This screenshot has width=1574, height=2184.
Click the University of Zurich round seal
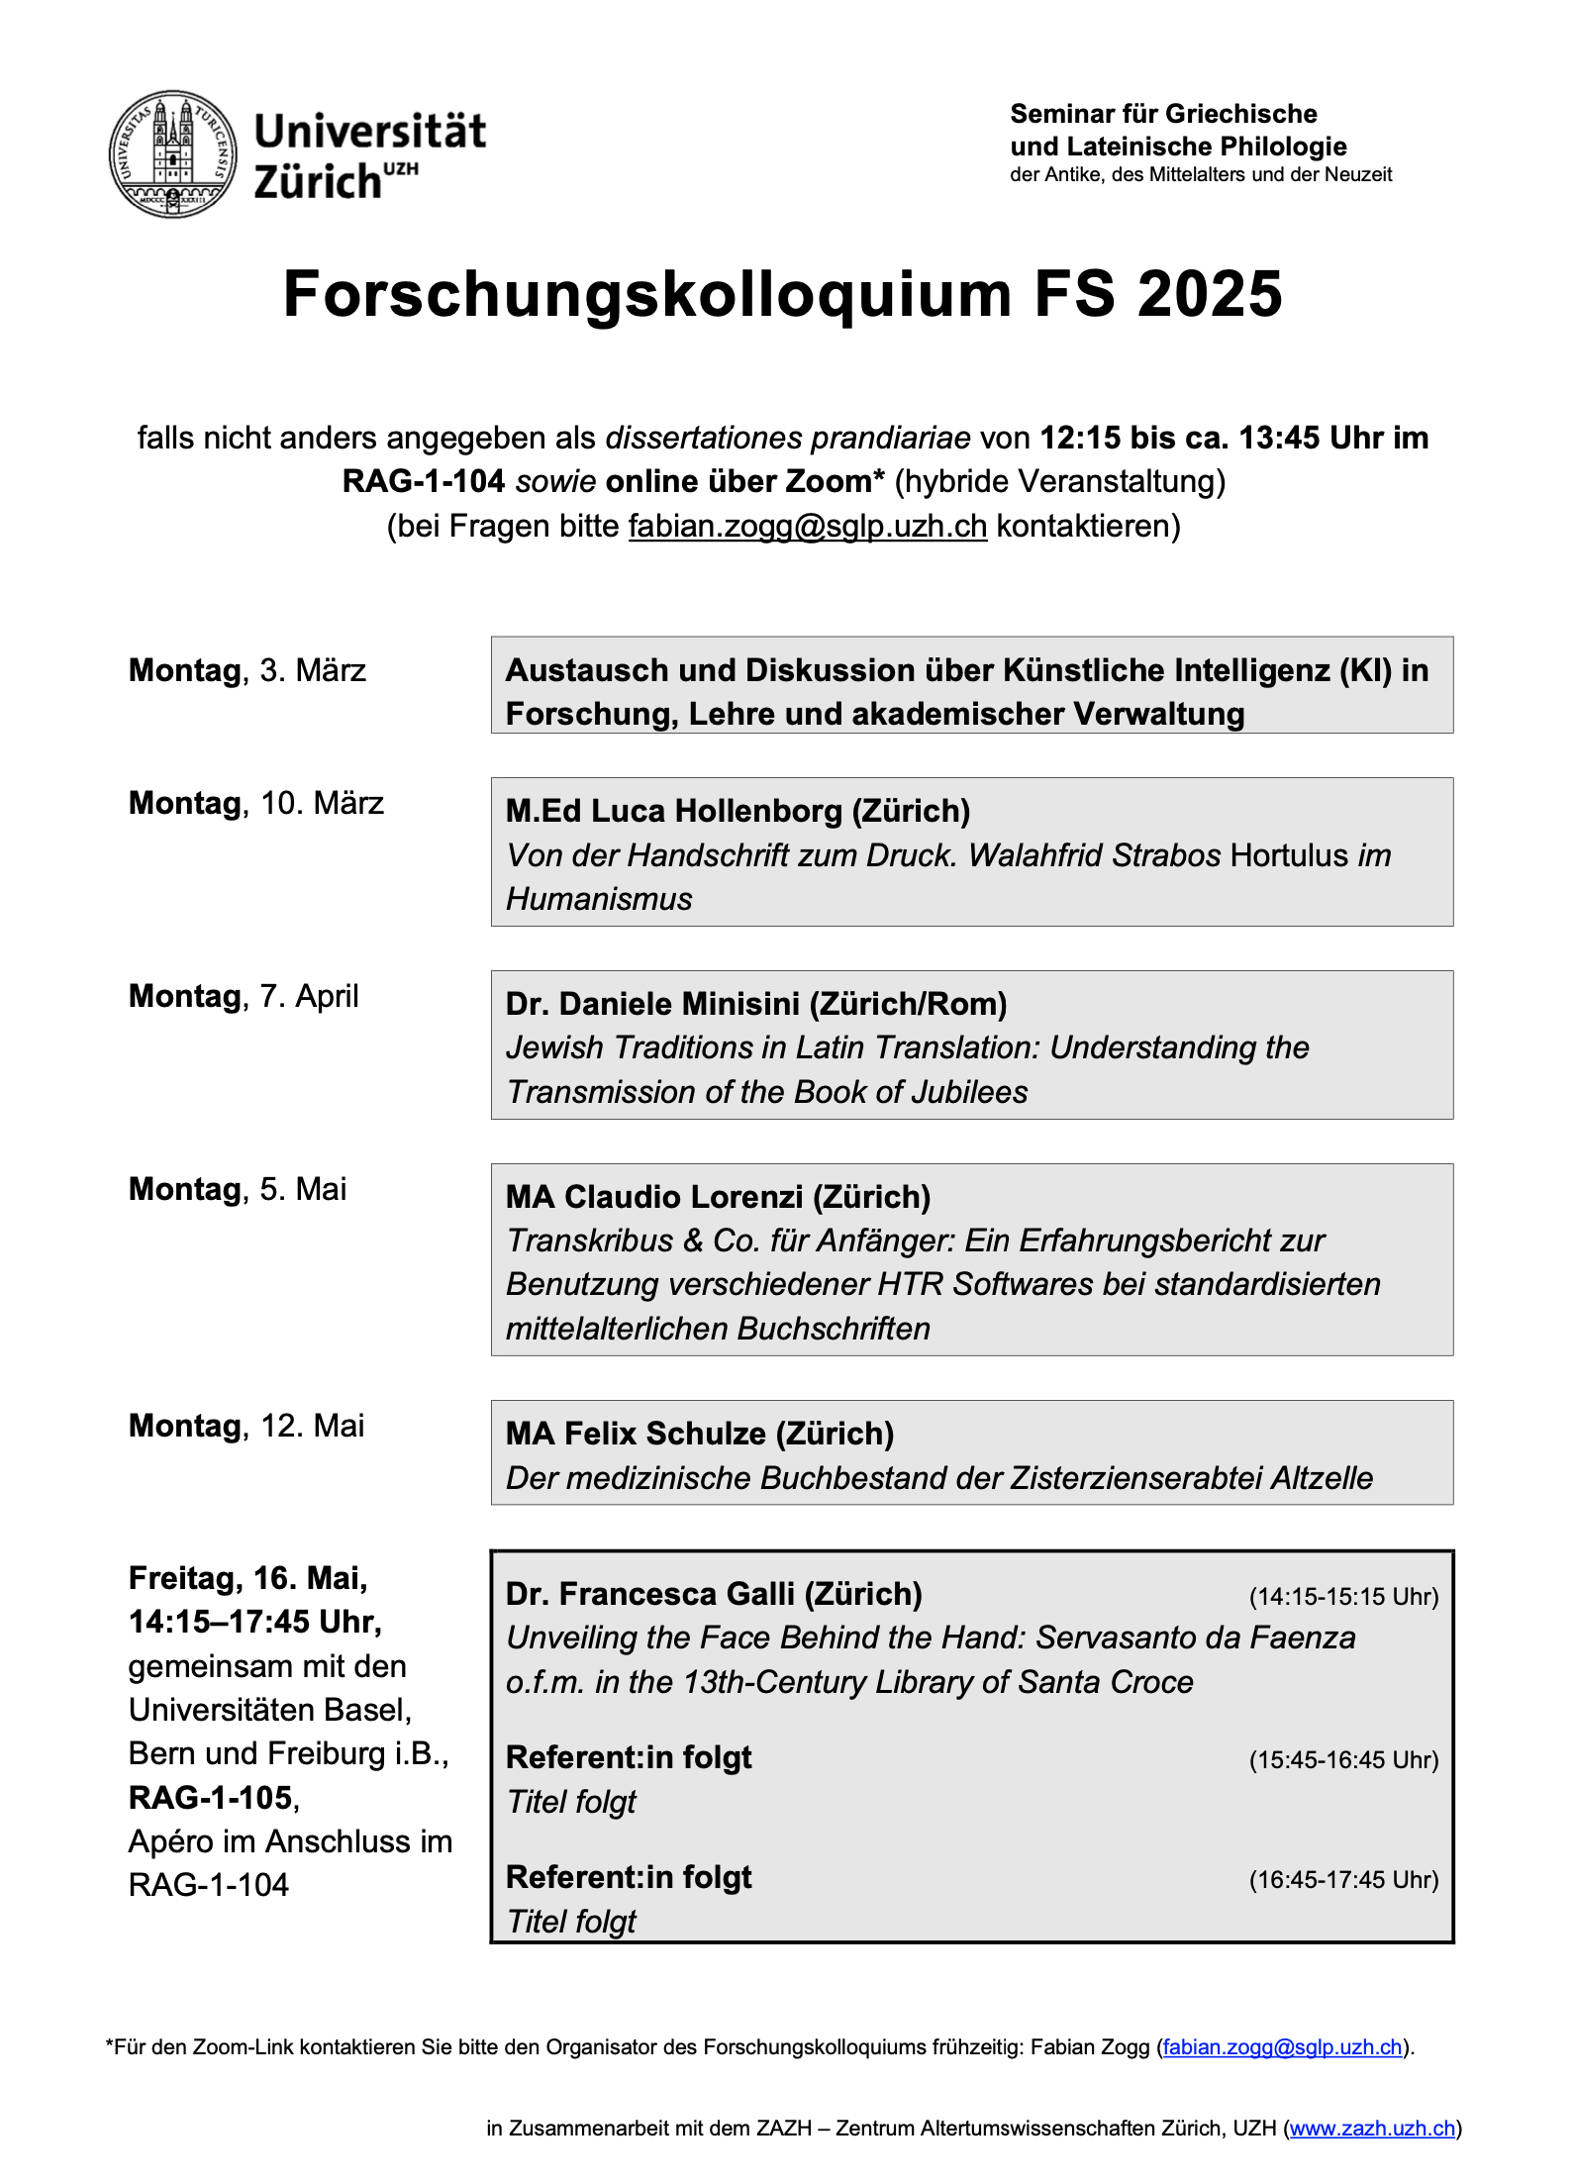pos(173,154)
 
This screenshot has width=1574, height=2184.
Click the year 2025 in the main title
pos(1209,295)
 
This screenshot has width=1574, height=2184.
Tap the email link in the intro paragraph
pos(808,526)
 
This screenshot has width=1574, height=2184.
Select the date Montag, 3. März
pos(247,670)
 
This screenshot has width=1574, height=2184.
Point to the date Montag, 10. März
pos(256,803)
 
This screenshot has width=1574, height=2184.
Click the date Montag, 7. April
pos(244,996)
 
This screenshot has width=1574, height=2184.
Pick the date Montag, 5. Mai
pos(238,1189)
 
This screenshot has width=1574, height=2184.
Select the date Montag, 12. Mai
pos(246,1426)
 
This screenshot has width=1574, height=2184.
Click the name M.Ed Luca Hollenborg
pos(738,811)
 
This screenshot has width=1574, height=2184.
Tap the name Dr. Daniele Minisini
pos(756,1004)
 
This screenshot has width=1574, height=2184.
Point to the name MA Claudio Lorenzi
pos(718,1197)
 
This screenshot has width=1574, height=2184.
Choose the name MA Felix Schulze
pos(700,1434)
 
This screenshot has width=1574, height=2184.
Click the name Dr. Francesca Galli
pos(714,1594)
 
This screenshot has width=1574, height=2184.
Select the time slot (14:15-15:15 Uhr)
pos(1343,1597)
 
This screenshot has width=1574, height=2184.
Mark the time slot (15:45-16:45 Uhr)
pos(1343,1760)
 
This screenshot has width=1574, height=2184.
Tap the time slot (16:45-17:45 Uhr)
pos(1343,1880)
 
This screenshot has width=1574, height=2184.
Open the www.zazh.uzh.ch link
pos(1372,2129)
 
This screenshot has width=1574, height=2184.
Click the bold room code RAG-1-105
pos(211,1798)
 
